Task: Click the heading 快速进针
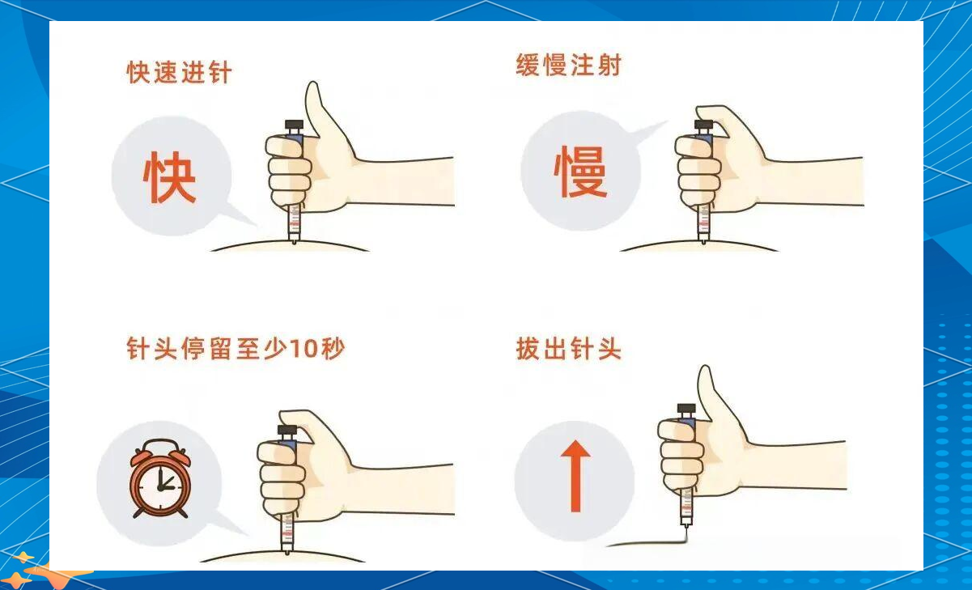(179, 72)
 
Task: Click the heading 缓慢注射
(568, 66)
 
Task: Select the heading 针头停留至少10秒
(236, 350)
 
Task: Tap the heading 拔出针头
(568, 350)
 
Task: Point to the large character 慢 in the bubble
(580, 173)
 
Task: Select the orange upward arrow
(575, 475)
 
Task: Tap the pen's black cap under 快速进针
(293, 126)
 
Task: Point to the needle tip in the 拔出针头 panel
(685, 527)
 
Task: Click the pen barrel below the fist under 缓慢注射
(703, 220)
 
